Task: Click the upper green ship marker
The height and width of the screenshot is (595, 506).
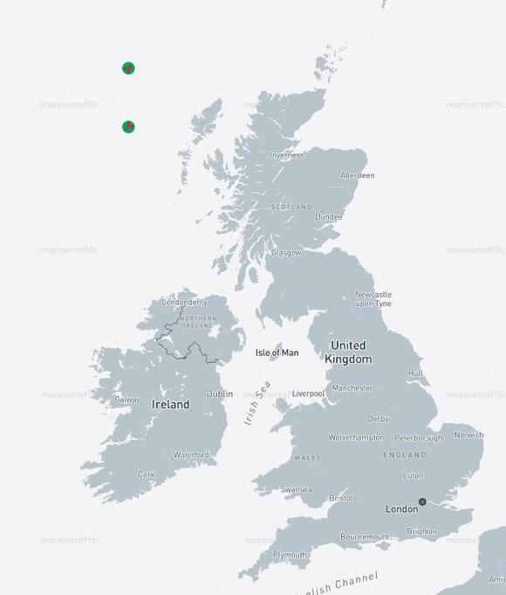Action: click(x=128, y=68)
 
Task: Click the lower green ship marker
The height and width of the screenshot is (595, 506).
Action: click(x=128, y=127)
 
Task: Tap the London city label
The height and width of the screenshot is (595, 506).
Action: click(x=402, y=509)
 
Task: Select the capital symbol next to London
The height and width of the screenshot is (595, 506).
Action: click(x=422, y=502)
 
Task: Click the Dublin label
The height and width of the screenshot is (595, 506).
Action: click(x=219, y=393)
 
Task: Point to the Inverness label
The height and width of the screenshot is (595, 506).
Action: click(x=287, y=155)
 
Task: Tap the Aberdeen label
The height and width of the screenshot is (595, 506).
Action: click(x=356, y=175)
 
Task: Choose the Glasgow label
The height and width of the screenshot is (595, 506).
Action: click(x=286, y=252)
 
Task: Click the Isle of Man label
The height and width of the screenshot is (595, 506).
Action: click(x=277, y=352)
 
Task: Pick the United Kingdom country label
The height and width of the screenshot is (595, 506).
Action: click(x=348, y=352)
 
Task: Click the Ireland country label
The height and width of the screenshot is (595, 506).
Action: click(x=170, y=405)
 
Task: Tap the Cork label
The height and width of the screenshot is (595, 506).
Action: click(x=147, y=475)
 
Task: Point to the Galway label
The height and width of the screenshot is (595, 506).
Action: click(x=126, y=400)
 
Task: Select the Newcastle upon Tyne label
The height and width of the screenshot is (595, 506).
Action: click(x=373, y=298)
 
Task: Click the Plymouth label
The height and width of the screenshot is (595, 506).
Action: click(x=290, y=555)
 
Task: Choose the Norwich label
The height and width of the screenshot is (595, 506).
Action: click(x=468, y=434)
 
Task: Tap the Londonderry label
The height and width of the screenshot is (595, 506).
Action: click(x=184, y=303)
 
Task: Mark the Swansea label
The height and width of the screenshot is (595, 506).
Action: click(x=296, y=489)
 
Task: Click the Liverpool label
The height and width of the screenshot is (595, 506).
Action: click(x=308, y=393)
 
